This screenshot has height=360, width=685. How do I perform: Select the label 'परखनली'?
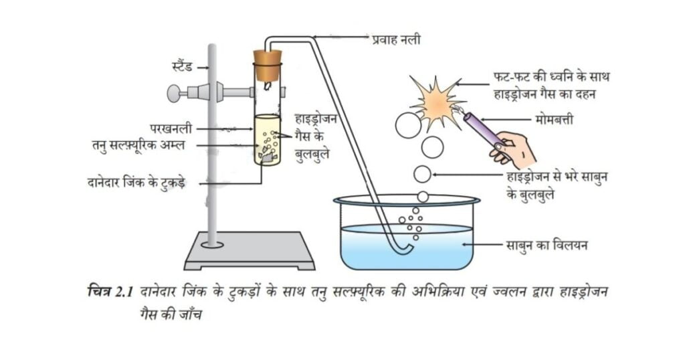[x=172, y=126]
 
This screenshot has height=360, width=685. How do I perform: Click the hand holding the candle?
[x=516, y=150]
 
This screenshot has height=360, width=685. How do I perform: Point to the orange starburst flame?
[x=437, y=101]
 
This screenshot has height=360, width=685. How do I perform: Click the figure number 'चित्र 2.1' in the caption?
[x=110, y=292]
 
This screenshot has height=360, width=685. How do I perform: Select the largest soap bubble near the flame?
[x=408, y=124]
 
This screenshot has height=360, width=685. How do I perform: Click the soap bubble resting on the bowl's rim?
[x=423, y=196]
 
